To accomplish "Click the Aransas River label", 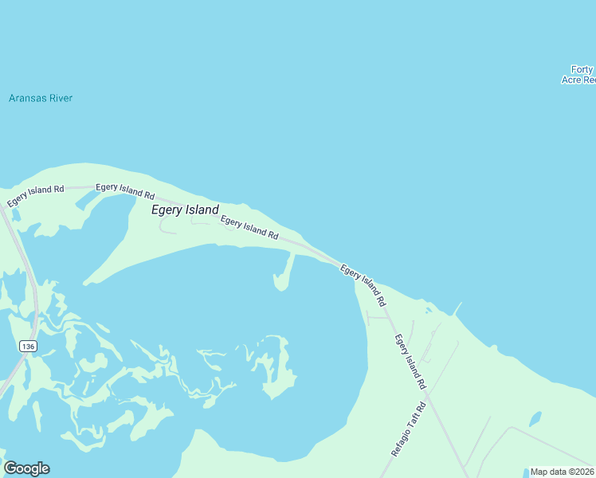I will coord(40,98).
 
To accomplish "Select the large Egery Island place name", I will coord(185,210).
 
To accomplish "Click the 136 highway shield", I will coord(29,346).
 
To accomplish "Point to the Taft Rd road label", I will coord(410,429).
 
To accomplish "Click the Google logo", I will coord(26,468).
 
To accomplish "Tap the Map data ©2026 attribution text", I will coord(562,472).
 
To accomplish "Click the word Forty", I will coord(582,69).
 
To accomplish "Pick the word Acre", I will coord(572,80).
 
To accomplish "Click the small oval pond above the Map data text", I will coord(535,418).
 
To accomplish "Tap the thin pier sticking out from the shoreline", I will coord(457,308).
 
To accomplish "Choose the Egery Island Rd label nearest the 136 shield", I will coord(36,195).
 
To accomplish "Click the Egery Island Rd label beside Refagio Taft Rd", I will coord(410,362).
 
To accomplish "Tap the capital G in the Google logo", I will coord(10,468).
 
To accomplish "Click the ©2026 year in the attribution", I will coord(579,472).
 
